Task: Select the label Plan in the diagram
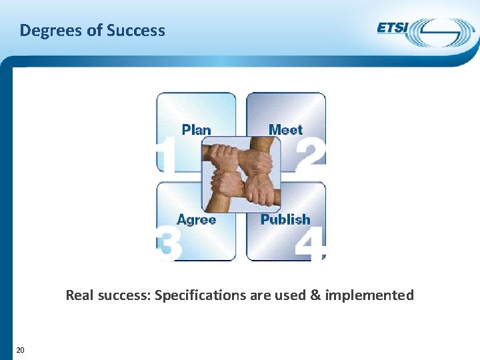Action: tap(196, 130)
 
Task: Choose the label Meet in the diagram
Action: tap(285, 130)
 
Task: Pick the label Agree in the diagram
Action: tap(197, 219)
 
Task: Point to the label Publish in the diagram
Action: tap(285, 219)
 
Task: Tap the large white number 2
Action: tap(311, 153)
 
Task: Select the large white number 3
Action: tap(169, 245)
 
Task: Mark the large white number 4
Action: tap(311, 245)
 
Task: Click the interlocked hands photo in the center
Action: tap(241, 174)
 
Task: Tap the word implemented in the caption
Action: tap(369, 295)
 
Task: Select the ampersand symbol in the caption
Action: tap(315, 295)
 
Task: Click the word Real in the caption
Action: tap(79, 295)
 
